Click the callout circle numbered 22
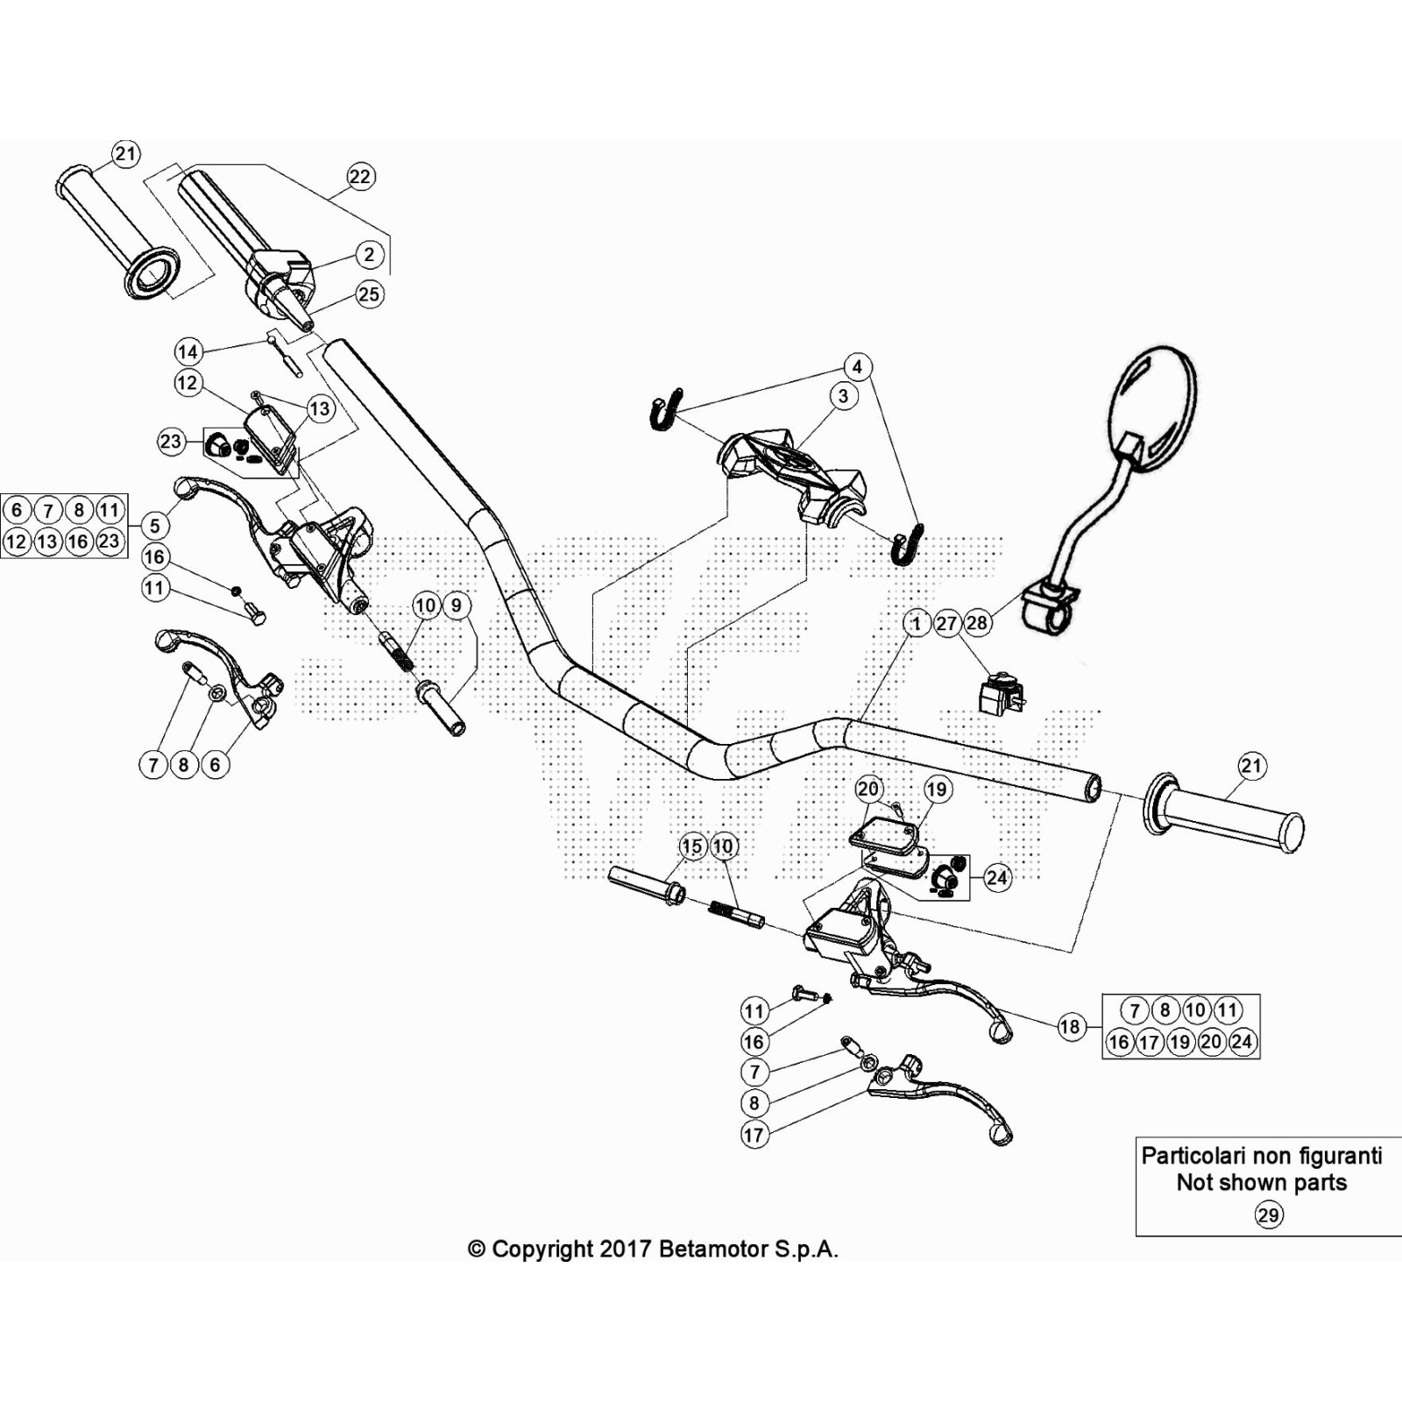[360, 176]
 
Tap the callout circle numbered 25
[369, 294]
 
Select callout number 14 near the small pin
[188, 352]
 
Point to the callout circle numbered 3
[843, 396]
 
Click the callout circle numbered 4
[857, 366]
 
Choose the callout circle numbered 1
[917, 623]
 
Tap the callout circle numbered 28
[976, 623]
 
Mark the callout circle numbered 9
[457, 605]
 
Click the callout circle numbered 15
[692, 846]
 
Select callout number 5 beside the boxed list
[155, 526]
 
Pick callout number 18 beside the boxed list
[1070, 1026]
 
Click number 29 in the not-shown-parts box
[1268, 1215]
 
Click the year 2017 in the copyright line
[626, 1250]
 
